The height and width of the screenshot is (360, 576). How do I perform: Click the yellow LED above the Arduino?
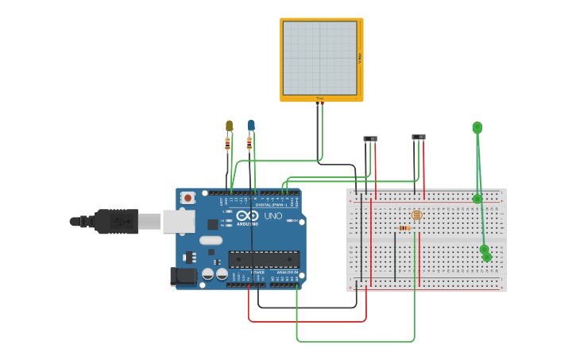(229, 126)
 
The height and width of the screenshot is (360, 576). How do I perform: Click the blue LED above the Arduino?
(251, 125)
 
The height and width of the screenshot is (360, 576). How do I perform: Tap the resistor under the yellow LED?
(228, 145)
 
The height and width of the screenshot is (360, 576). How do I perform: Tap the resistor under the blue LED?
(249, 144)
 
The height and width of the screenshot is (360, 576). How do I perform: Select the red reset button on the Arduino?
(187, 198)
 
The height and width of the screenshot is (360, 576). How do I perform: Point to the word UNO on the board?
(273, 216)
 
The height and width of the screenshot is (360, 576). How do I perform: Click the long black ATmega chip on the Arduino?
(264, 258)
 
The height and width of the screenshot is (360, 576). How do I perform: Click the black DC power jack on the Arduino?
(183, 277)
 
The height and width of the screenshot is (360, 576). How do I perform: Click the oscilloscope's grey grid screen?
(319, 58)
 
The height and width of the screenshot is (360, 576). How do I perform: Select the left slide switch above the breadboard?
(370, 139)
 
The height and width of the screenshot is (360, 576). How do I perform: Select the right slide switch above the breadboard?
(418, 137)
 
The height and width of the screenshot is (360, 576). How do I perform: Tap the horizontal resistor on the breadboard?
(404, 228)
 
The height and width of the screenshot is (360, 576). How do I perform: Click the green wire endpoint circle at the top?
(477, 127)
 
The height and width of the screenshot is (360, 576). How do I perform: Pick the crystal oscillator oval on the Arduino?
(211, 240)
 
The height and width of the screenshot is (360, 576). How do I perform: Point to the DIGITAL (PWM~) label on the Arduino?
(269, 205)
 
